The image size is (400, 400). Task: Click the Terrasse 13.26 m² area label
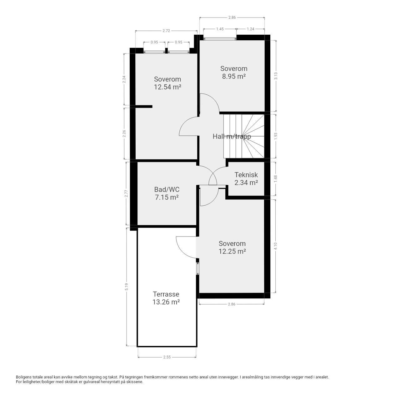coord(166,298)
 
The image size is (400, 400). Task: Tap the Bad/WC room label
coord(167,189)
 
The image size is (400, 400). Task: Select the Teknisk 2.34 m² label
coord(246,178)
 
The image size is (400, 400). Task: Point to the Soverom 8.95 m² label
coord(234,72)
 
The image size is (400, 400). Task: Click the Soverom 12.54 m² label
coord(167,83)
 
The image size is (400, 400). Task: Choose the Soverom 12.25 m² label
coord(232,247)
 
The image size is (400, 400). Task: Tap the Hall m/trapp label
coord(232,136)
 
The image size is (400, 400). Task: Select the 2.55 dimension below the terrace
coord(167,357)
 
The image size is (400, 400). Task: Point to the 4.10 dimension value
coord(275,246)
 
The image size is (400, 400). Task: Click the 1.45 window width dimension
coord(220,29)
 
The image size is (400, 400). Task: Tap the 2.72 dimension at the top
coord(166,31)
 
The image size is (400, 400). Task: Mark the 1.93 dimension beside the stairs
coord(276,136)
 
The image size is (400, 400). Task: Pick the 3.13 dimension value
coord(276,76)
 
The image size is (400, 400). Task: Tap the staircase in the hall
coord(244,136)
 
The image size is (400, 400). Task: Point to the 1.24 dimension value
coord(251,29)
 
